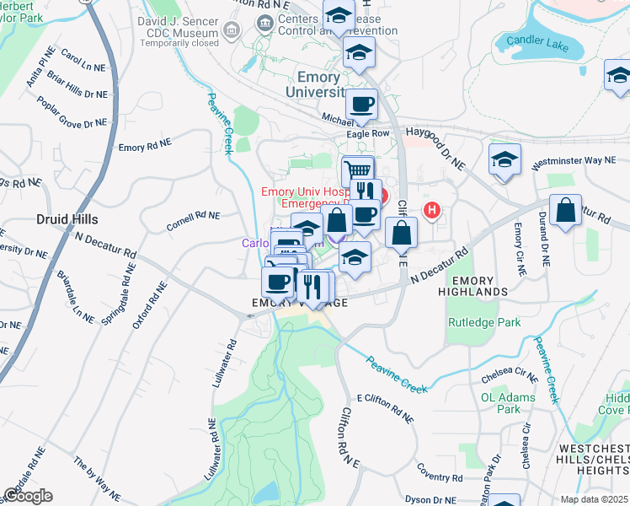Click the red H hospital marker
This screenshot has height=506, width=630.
click(433, 210)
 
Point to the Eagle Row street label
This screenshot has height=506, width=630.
click(368, 133)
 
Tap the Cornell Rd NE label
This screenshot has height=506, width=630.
click(193, 220)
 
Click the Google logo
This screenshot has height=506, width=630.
click(28, 496)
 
